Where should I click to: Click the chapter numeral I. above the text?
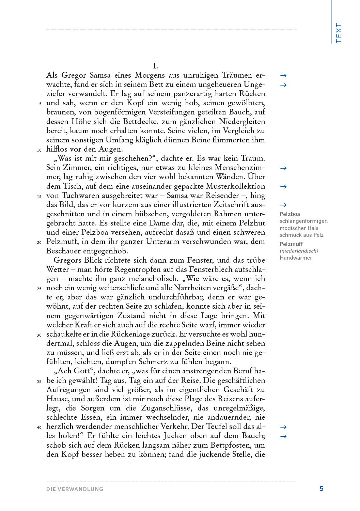(155, 66)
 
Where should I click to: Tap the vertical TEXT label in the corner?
(339, 33)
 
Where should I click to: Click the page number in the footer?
(322, 489)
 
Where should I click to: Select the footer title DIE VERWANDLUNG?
(75, 489)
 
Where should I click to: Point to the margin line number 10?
(39, 150)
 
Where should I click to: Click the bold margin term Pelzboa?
(290, 214)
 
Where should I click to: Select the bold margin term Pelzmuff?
(291, 244)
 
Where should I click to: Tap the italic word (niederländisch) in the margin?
(299, 251)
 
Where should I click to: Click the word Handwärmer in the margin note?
(296, 258)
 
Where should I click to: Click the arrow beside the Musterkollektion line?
(283, 187)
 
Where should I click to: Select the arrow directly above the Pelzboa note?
(283, 205)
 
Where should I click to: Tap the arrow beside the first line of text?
(283, 76)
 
